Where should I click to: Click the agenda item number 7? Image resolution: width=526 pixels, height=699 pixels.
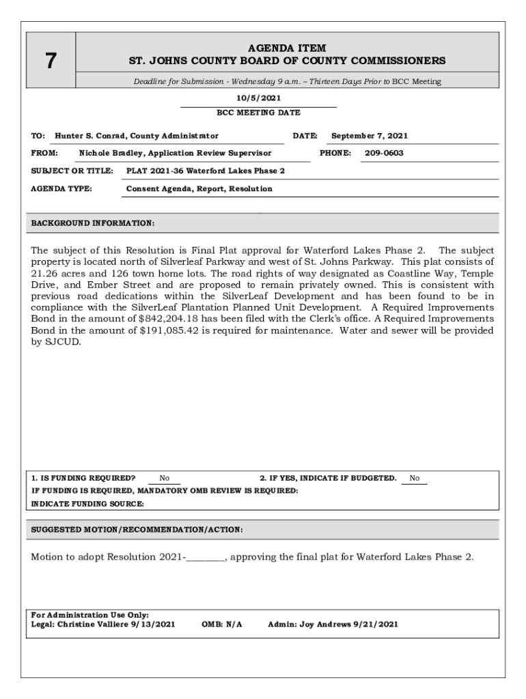[51, 61]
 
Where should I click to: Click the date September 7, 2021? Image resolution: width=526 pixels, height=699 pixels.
[369, 136]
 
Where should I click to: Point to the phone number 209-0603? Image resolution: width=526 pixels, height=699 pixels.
[384, 153]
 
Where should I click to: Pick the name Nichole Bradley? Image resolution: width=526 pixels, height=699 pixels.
[110, 153]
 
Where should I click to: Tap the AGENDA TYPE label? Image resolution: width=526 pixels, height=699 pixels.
[62, 188]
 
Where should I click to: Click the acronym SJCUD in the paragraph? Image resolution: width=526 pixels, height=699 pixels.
[65, 343]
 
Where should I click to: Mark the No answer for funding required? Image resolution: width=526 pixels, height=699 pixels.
[165, 478]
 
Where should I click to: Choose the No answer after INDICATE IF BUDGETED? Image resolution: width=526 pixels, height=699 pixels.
[415, 478]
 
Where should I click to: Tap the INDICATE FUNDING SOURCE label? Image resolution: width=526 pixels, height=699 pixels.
[88, 504]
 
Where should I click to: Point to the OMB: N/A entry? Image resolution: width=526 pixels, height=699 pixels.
[222, 624]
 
